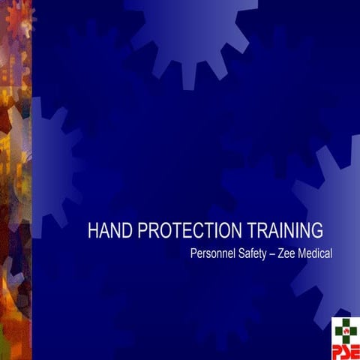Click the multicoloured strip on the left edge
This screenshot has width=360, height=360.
pos(15,180)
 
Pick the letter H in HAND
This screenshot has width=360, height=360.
pos(93,230)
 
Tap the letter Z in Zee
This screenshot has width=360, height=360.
pos(284,253)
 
